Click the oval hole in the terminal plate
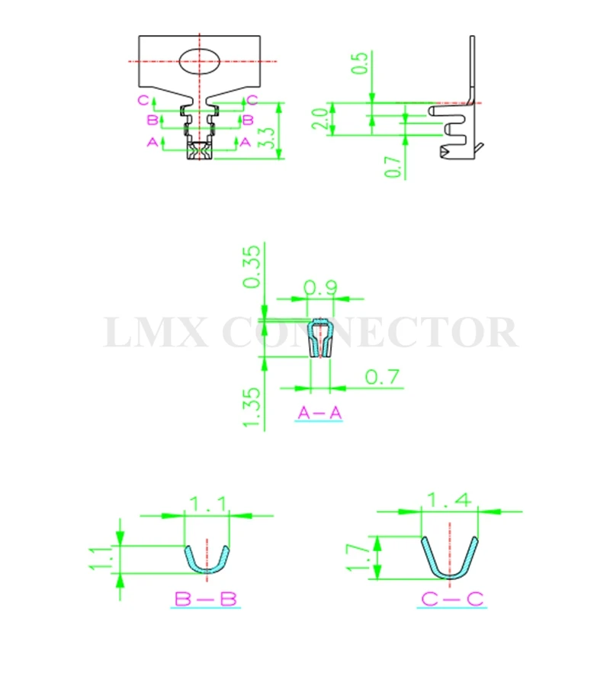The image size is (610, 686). [x=199, y=61]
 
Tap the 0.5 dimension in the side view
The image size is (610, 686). [x=361, y=63]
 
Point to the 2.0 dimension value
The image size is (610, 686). [x=320, y=119]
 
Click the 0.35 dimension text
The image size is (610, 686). [x=252, y=266]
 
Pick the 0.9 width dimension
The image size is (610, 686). [x=320, y=288]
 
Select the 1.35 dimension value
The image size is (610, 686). [x=252, y=407]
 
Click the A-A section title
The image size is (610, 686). [x=319, y=413]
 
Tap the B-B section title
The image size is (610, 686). [x=206, y=598]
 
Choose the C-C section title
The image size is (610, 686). [x=452, y=598]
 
